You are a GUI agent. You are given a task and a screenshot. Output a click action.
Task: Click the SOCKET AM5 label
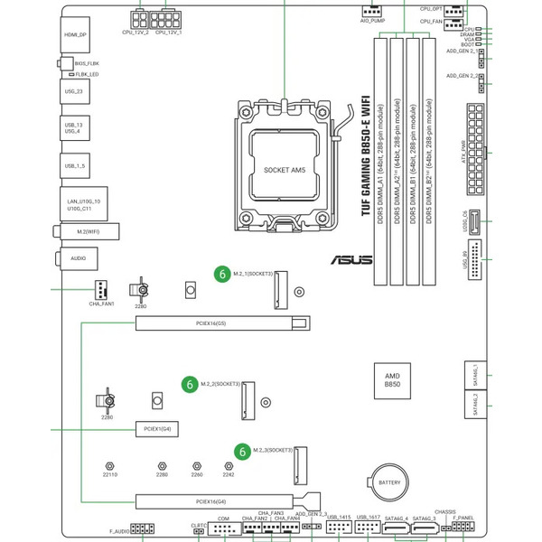(285, 169)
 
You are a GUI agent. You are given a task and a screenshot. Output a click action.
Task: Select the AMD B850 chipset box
(392, 379)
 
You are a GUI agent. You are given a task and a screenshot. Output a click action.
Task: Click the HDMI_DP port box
(76, 36)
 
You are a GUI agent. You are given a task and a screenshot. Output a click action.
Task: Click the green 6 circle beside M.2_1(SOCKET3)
(221, 272)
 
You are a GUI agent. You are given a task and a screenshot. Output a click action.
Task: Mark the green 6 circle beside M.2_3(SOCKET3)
(242, 449)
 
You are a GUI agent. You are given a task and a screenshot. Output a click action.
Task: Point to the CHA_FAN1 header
(101, 290)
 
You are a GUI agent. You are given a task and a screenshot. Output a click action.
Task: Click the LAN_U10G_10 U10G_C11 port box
(84, 204)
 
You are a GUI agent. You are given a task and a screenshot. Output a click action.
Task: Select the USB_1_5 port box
(76, 166)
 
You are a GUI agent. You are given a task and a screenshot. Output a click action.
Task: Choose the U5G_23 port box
(76, 91)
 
